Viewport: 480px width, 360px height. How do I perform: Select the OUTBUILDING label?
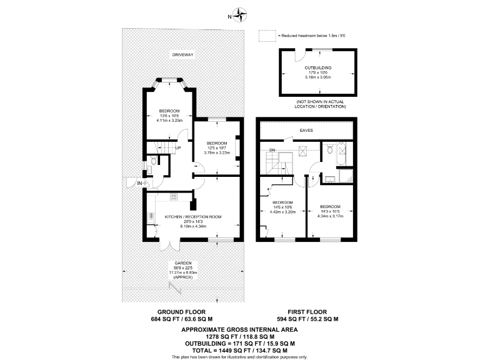(317, 67)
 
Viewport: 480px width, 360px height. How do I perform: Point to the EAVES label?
(306, 131)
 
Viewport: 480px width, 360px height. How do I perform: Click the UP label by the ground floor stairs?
(178, 148)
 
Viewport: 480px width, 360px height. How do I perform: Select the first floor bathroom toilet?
(330, 149)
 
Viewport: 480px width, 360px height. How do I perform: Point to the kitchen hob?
(174, 196)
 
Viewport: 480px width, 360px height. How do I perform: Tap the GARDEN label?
(182, 263)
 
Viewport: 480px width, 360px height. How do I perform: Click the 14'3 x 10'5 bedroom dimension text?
(330, 211)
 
